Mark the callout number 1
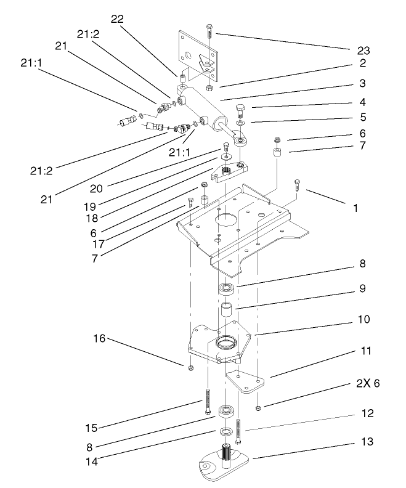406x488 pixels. pos(355,208)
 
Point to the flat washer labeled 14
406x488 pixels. pos(226,431)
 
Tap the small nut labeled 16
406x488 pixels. pos(190,368)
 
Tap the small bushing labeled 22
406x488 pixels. pos(183,79)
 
